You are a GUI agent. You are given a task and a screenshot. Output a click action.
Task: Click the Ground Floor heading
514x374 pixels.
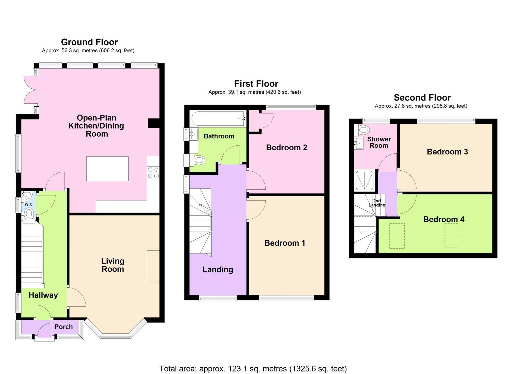coord(89,42)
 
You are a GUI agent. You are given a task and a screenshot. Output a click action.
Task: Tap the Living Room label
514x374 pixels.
coord(113,265)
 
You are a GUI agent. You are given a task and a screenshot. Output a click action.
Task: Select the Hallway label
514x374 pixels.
coord(43,295)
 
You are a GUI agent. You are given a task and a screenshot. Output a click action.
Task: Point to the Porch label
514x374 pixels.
coord(63,327)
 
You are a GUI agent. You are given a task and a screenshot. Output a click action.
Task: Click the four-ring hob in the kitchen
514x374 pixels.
coord(153,173)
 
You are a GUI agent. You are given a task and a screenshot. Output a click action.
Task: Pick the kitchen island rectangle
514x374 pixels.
coord(107,169)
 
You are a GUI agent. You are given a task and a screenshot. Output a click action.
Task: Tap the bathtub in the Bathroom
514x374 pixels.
coord(218,119)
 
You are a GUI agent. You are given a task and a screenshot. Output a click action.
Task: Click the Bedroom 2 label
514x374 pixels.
coord(287,148)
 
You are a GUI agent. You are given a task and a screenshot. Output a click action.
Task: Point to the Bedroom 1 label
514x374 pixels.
coord(285,243)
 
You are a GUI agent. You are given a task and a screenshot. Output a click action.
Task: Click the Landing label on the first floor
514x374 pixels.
coord(218,270)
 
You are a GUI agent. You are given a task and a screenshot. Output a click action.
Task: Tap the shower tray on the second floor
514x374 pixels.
coord(364,181)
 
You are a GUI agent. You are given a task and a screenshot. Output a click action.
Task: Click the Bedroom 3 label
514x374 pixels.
coord(447,152)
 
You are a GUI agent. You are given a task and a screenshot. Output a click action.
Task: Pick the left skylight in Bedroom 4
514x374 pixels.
coord(397,236)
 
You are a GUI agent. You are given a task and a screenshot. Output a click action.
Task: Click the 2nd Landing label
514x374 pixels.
coord(377,203)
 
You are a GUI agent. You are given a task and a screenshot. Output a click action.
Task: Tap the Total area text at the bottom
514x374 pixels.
coord(253,368)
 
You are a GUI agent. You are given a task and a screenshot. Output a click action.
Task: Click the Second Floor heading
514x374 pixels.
coord(422,97)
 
